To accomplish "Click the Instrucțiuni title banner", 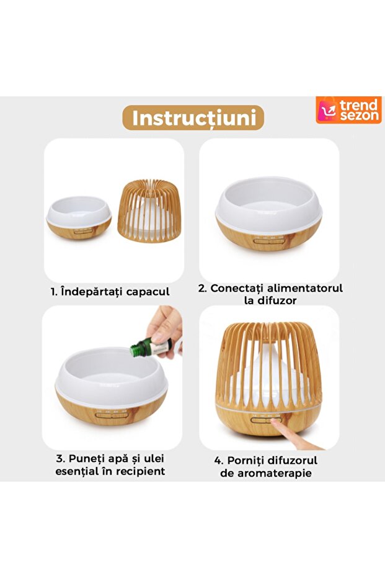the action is tap(193, 117).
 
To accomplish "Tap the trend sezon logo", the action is tap(348, 110).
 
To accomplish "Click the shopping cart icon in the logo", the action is tap(327, 111).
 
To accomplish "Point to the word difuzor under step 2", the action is tap(277, 300).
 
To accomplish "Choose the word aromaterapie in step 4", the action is tap(274, 473).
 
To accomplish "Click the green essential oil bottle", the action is tap(151, 347).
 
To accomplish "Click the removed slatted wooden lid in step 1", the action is tap(149, 211).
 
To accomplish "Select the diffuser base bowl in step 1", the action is tap(79, 218).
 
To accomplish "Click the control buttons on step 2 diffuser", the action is tap(268, 242).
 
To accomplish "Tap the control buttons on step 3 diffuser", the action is tap(112, 415).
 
